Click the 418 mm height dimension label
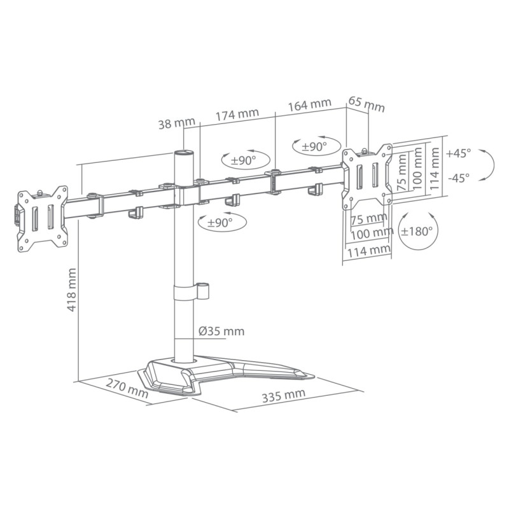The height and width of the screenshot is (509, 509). tap(72, 289)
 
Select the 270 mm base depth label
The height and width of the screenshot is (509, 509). tap(125, 389)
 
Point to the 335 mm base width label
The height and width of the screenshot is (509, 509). tap(283, 395)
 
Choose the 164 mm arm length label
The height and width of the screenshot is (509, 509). tap(309, 104)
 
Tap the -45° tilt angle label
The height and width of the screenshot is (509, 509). tap(458, 178)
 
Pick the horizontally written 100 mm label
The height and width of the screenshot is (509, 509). tap(370, 234)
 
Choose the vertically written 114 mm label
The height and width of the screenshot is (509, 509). tap(435, 166)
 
